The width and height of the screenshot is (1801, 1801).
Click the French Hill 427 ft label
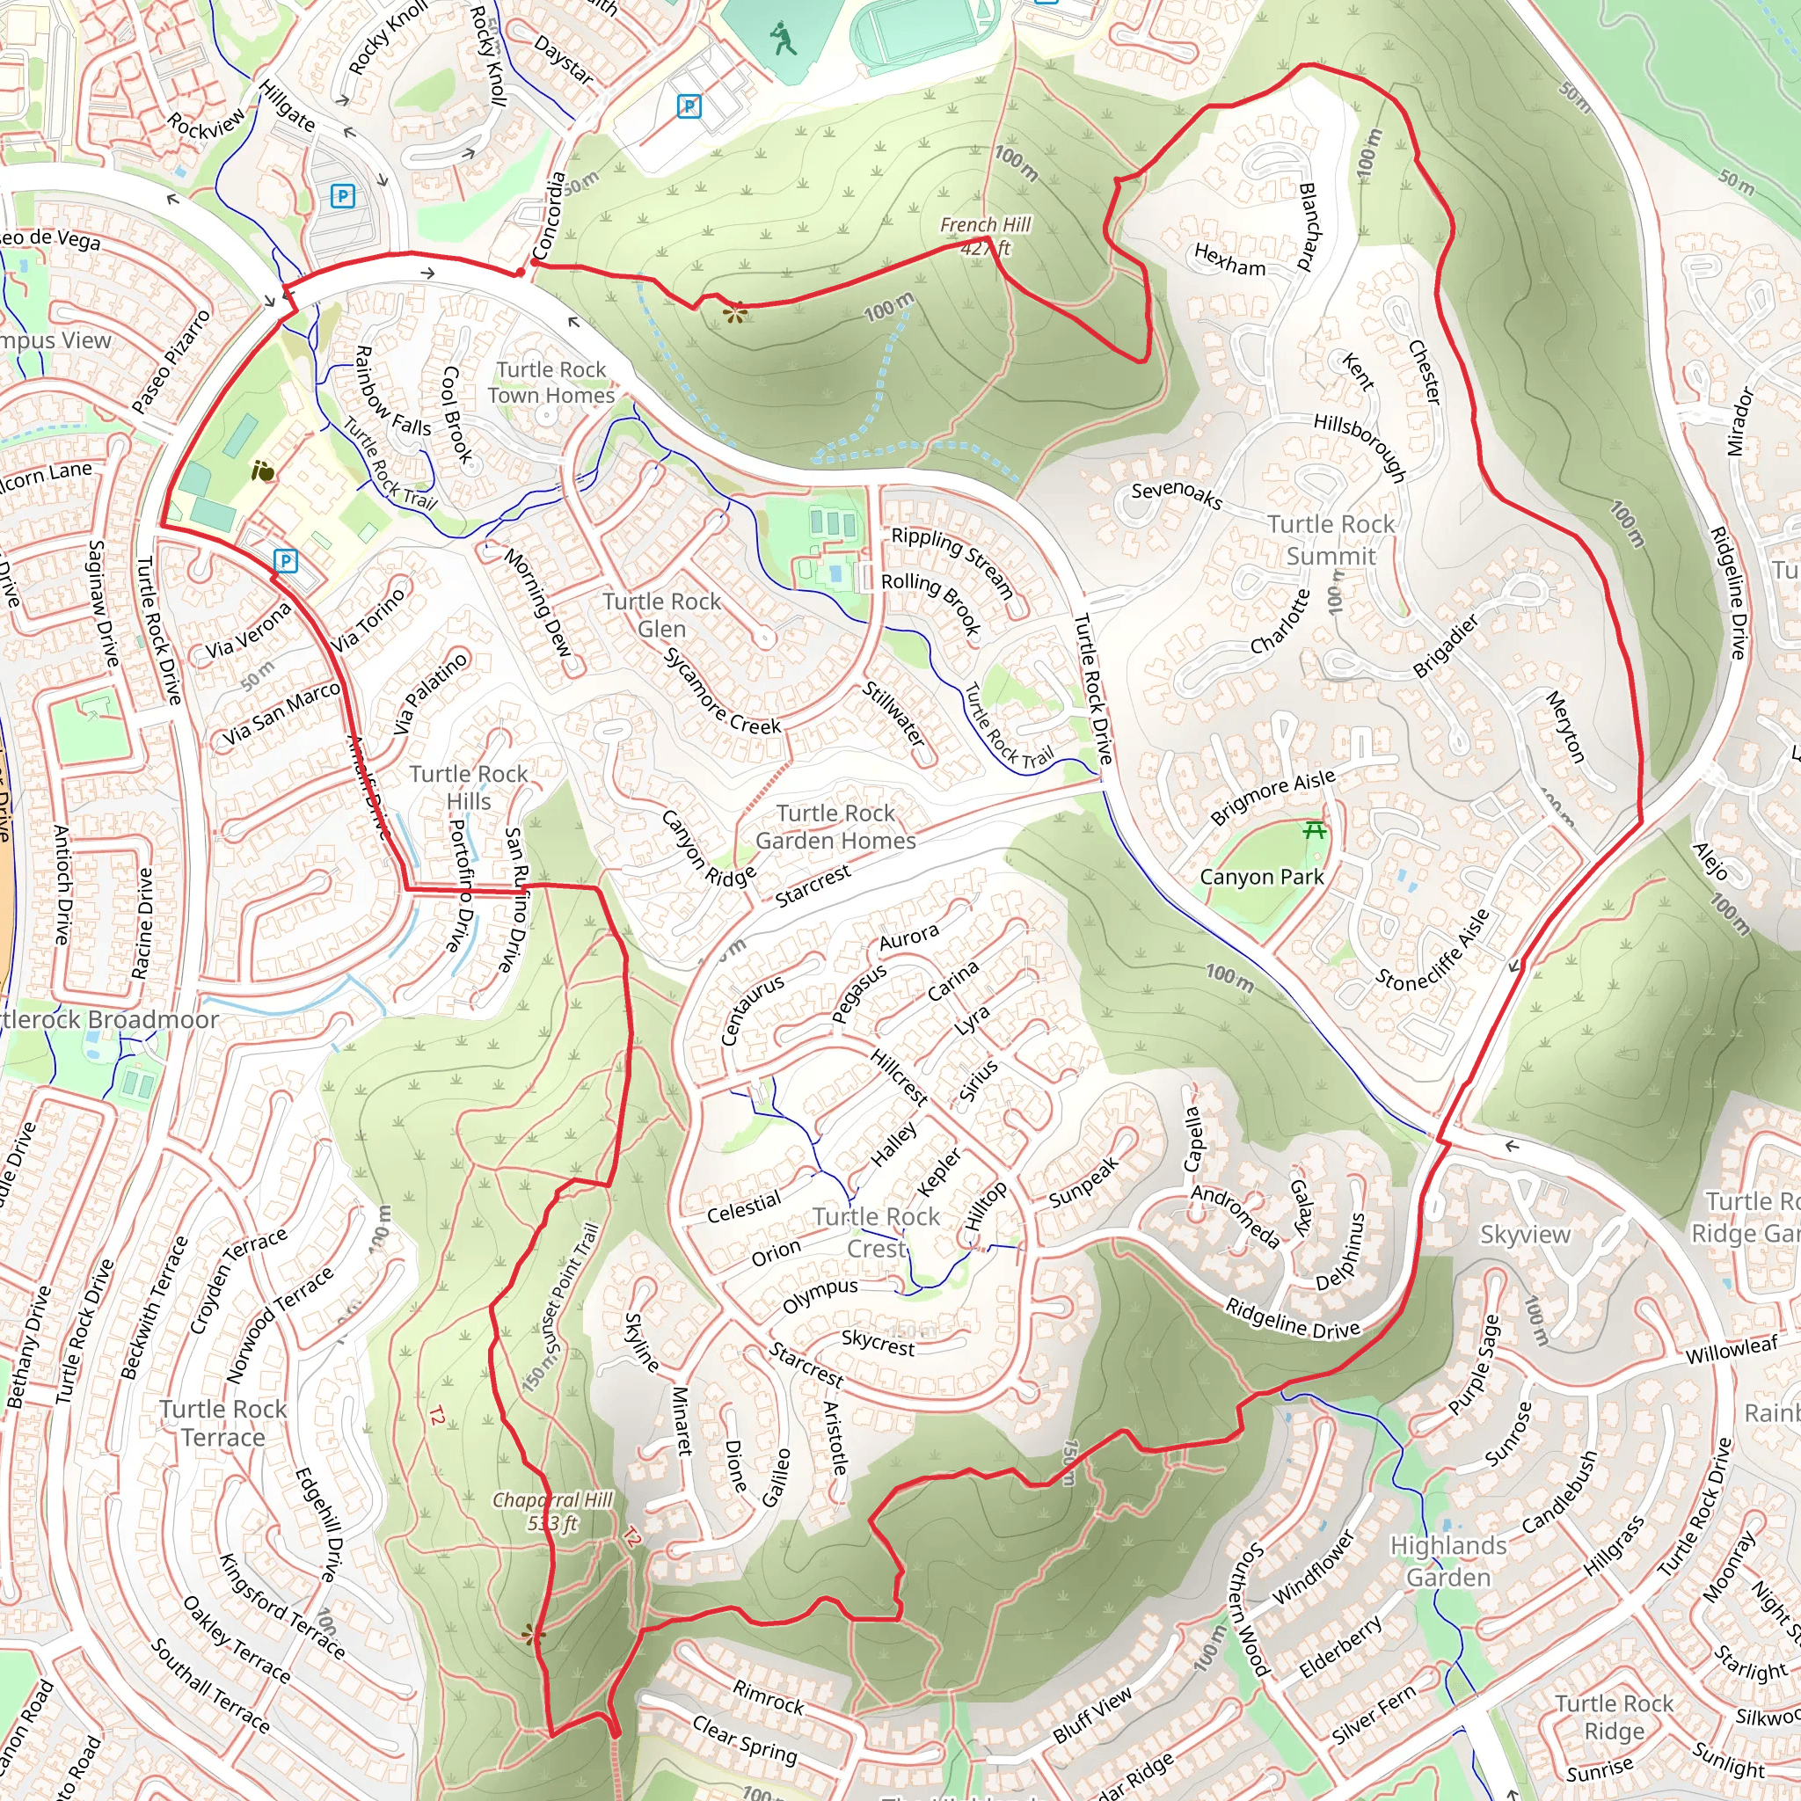tap(985, 236)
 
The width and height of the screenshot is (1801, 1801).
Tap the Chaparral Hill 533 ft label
tap(553, 1511)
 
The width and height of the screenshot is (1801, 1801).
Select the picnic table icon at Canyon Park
tap(1315, 828)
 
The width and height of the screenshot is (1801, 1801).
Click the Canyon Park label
tap(1261, 877)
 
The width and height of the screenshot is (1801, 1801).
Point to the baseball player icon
tap(783, 40)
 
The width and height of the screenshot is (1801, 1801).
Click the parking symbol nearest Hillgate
tap(343, 196)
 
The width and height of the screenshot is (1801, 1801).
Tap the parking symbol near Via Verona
tap(286, 560)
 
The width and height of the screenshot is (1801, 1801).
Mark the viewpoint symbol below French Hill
tap(735, 312)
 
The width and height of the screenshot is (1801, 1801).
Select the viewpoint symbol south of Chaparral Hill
tap(533, 1633)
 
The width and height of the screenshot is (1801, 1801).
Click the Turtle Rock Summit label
tap(1331, 540)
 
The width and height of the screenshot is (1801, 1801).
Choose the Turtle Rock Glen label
tap(661, 616)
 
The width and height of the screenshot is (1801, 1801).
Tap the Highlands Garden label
tap(1447, 1562)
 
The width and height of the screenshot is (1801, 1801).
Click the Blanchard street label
tap(1309, 226)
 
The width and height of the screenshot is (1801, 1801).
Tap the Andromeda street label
tap(1236, 1215)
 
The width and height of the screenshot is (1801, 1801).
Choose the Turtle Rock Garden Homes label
tap(835, 827)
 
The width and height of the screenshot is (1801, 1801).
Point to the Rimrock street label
tap(768, 1696)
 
